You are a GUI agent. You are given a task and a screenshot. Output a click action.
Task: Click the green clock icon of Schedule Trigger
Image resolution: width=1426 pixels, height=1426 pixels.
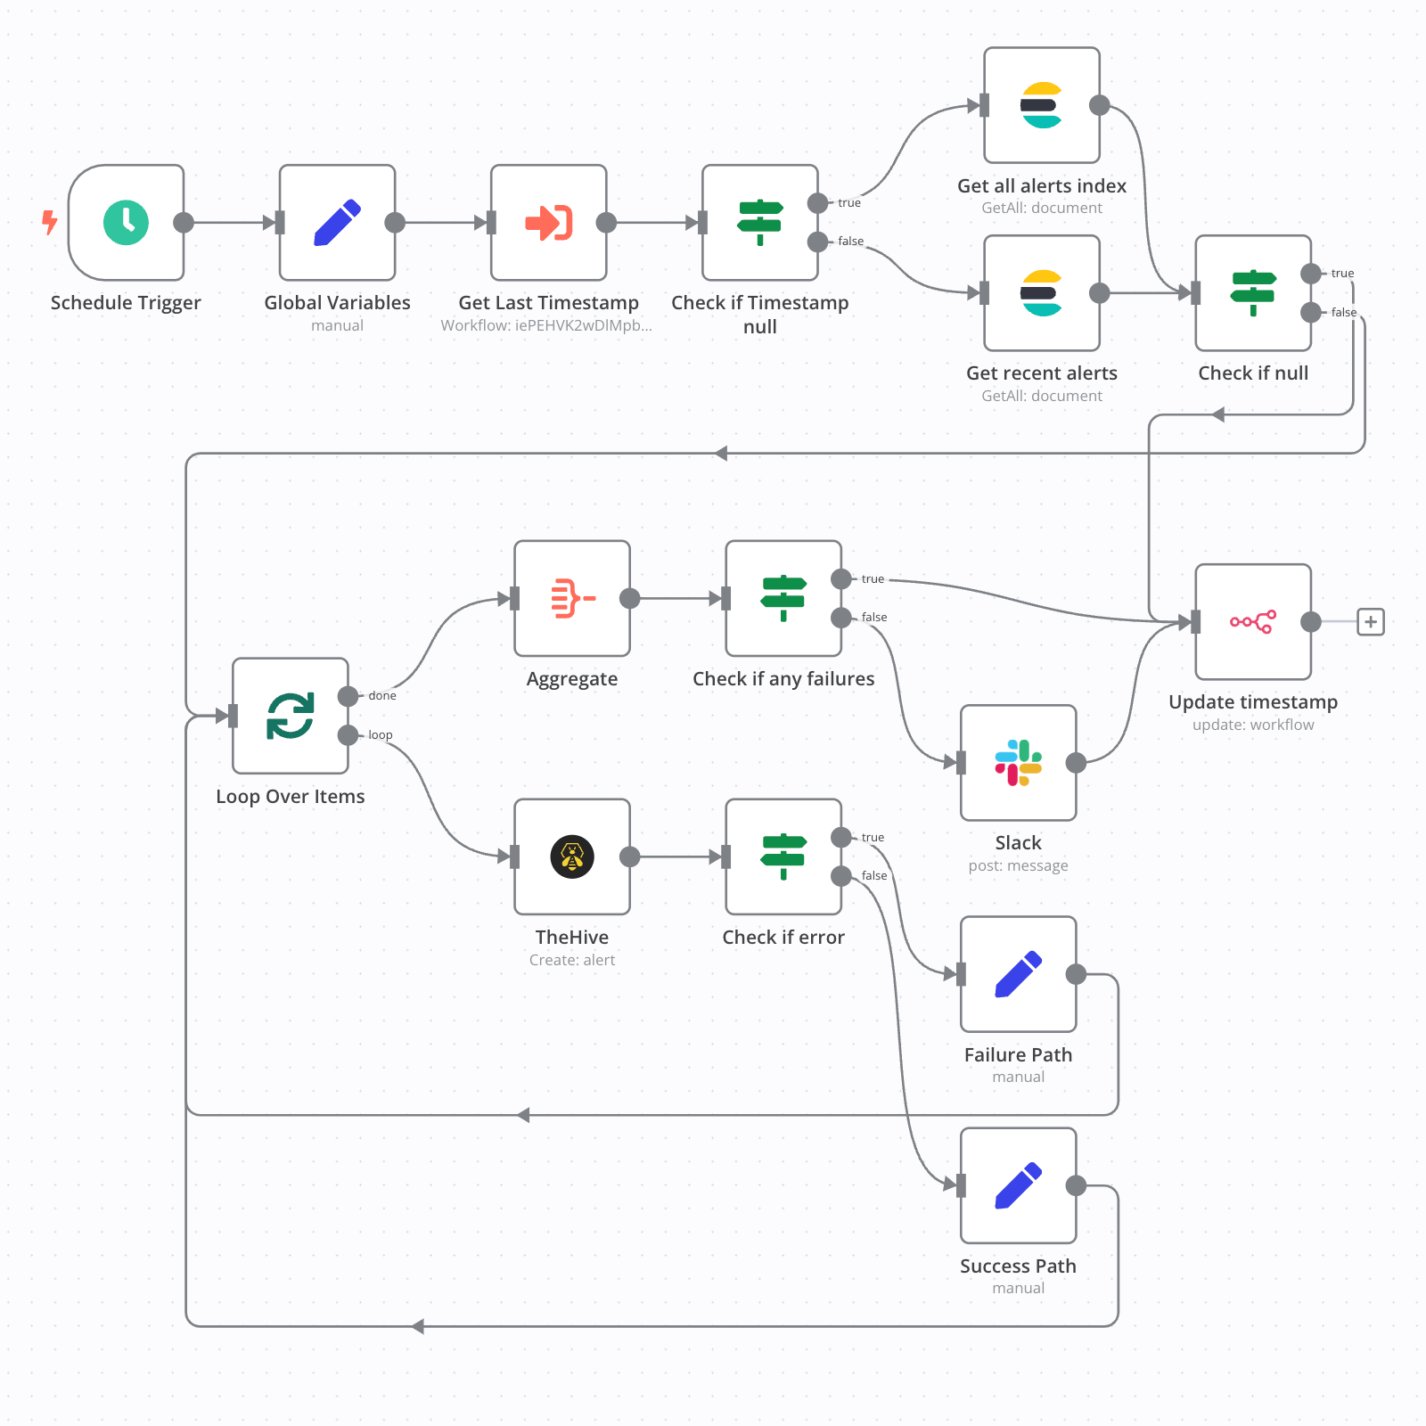[126, 222]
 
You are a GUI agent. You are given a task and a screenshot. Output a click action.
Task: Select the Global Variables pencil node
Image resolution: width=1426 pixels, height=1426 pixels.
[337, 222]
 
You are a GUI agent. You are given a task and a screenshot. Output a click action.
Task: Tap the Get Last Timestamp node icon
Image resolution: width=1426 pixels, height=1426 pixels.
[548, 222]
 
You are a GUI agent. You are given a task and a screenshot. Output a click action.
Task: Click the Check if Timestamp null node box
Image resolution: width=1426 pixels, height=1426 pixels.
[759, 222]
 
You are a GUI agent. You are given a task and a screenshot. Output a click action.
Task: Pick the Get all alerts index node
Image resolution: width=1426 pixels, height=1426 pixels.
[1041, 105]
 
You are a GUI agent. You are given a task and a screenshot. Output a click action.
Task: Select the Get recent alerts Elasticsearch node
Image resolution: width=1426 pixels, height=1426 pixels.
[1041, 292]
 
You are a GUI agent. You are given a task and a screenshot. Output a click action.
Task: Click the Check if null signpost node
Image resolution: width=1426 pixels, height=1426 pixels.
[1252, 292]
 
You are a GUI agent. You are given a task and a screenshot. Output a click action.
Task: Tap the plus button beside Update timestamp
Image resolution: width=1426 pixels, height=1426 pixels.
[1370, 621]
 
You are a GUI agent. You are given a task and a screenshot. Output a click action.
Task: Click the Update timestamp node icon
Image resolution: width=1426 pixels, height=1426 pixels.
[1252, 621]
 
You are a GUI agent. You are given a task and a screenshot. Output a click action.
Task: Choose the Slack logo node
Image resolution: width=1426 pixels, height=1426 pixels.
[1018, 762]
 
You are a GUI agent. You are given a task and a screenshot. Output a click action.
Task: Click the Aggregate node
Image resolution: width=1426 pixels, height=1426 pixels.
[571, 598]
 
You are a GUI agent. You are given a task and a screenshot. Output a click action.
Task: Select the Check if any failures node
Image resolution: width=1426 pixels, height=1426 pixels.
[783, 598]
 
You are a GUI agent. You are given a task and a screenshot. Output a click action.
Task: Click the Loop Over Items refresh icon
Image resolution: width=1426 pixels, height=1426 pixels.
[290, 716]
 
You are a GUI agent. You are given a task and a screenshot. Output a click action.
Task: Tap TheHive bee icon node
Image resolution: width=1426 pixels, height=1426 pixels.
[571, 856]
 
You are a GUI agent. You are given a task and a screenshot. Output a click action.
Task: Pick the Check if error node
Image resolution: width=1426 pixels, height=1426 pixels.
[783, 856]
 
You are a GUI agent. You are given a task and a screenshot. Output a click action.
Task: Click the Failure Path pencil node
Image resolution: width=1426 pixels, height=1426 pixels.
[1018, 974]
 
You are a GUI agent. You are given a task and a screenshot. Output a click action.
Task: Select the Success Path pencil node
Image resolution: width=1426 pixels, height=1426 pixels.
[1018, 1185]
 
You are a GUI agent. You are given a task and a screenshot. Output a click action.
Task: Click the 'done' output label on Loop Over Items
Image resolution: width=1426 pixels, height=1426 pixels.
[382, 695]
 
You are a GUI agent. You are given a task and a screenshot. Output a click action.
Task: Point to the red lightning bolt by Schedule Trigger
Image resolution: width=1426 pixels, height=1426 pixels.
[50, 221]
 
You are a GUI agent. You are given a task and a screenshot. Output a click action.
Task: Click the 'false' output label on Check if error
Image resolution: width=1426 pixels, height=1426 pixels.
[873, 875]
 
